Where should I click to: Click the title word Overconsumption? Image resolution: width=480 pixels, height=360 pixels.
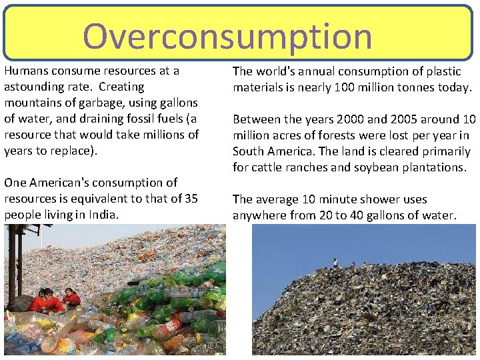(227, 36)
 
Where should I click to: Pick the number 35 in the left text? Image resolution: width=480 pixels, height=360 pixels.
(190, 199)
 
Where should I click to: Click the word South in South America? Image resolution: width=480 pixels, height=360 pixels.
(248, 151)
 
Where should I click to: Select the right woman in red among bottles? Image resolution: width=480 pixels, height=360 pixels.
(71, 297)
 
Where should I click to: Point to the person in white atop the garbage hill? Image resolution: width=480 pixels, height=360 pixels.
(335, 263)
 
